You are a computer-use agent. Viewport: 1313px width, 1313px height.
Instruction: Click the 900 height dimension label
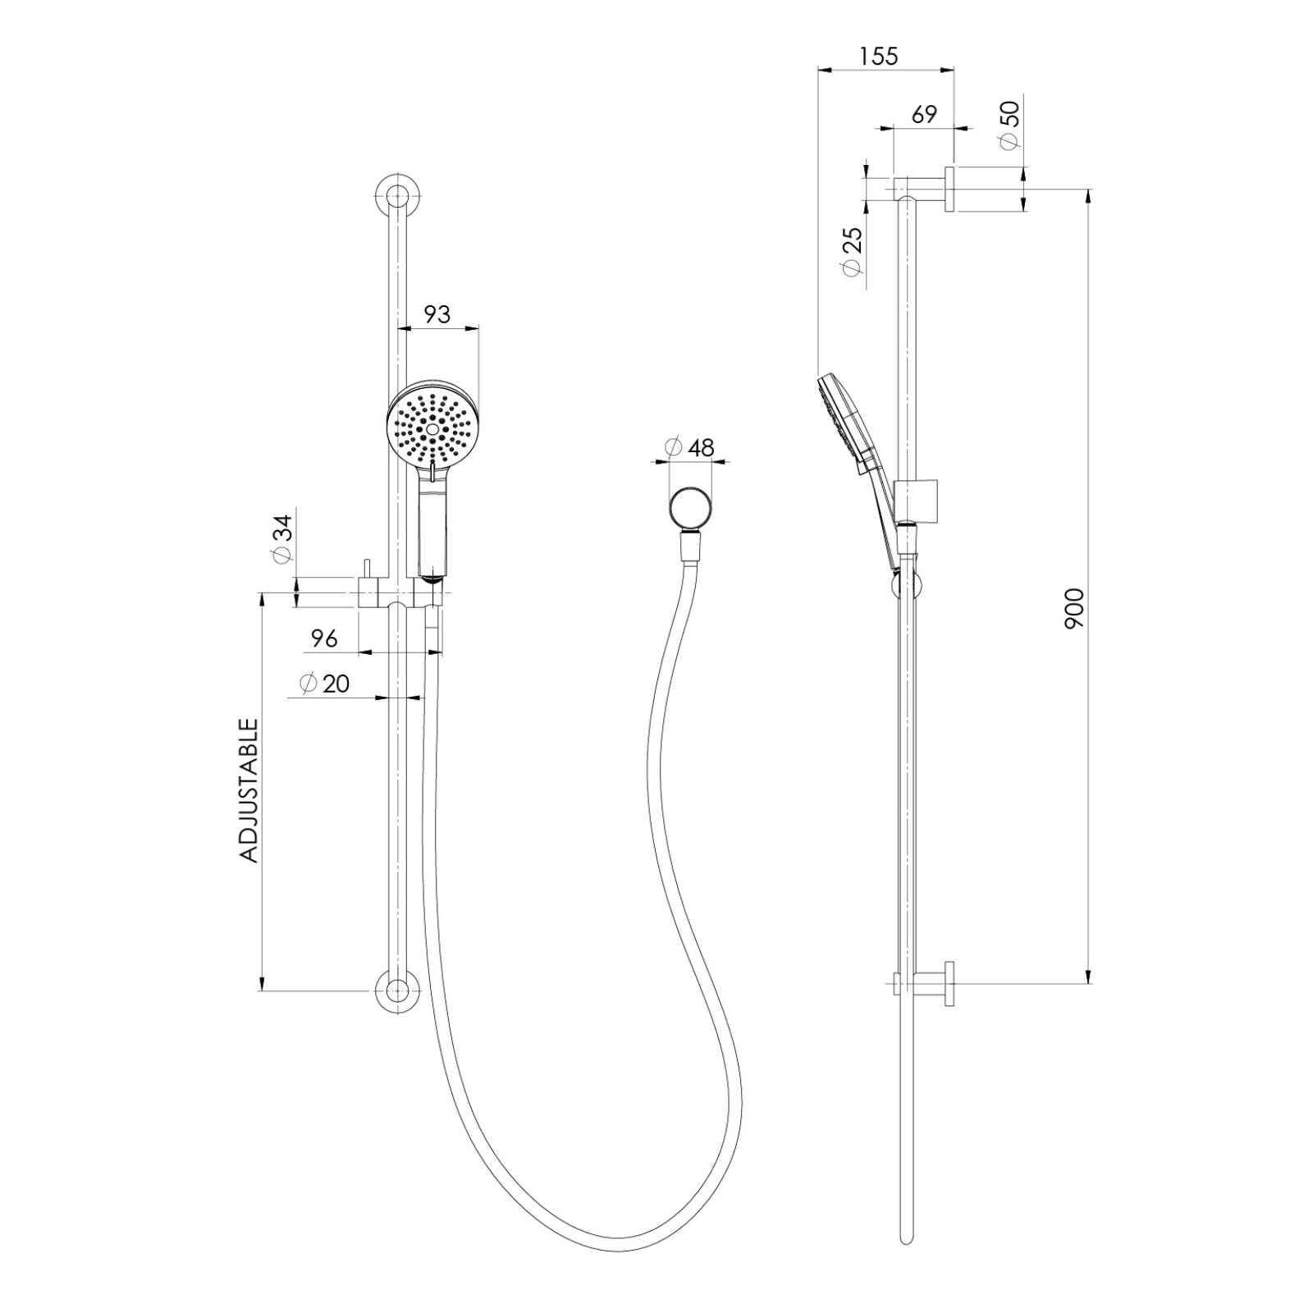click(x=1074, y=608)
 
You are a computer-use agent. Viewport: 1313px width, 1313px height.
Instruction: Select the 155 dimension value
click(x=879, y=57)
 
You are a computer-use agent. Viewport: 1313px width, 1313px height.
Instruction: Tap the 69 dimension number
click(x=924, y=115)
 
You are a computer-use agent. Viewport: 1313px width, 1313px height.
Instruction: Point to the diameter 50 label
click(x=1009, y=125)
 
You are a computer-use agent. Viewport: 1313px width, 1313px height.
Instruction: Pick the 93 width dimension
click(x=437, y=314)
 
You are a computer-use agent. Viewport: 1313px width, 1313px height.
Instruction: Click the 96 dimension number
click(x=324, y=638)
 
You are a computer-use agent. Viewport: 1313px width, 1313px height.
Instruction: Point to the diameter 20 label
click(x=325, y=683)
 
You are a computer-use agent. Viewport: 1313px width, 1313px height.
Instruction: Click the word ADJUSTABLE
click(x=249, y=790)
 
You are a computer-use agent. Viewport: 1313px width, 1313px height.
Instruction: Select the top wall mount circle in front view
click(x=397, y=196)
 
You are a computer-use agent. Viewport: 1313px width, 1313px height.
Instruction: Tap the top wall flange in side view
click(x=949, y=189)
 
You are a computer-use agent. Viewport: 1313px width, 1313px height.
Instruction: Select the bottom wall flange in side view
click(x=949, y=981)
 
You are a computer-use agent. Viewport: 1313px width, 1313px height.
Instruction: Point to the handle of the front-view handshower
click(x=432, y=529)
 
